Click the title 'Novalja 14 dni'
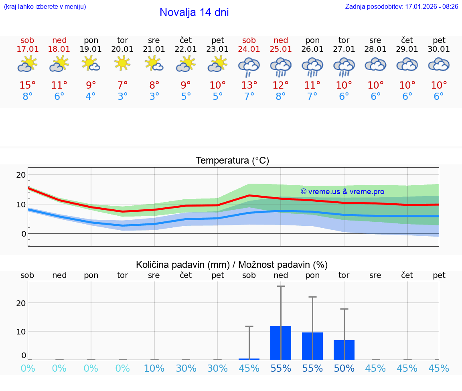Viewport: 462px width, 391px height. tap(194, 12)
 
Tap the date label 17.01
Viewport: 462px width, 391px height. tap(27, 49)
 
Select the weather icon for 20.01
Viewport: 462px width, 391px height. tap(122, 63)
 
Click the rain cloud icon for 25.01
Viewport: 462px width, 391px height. tap(280, 66)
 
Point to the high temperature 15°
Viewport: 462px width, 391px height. tap(27, 85)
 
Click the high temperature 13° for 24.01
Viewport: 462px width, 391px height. tap(249, 85)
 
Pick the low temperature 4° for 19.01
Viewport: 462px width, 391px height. tap(91, 97)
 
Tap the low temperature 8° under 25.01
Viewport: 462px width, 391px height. tap(280, 97)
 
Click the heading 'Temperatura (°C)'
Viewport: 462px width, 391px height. tap(232, 161)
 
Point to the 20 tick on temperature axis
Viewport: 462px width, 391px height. tap(21, 175)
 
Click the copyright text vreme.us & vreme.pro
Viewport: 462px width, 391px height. tap(342, 192)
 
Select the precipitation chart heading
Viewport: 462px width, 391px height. tap(232, 265)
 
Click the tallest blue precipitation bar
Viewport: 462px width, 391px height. tap(281, 343)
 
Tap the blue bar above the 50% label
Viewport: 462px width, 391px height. tap(344, 350)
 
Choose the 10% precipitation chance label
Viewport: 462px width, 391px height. tap(154, 368)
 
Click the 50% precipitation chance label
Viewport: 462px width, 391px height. tap(344, 368)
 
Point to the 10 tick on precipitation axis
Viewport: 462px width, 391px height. tap(21, 331)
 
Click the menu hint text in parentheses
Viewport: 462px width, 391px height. tap(45, 7)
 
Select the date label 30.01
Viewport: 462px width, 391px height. tap(439, 49)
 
